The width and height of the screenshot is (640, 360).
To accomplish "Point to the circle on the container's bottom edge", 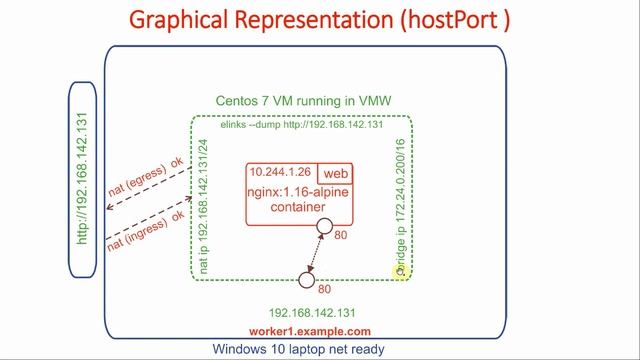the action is pos(324,227).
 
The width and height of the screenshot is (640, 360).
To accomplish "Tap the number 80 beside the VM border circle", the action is pos(324,290).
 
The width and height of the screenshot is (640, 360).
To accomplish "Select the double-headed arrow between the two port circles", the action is pos(316,253).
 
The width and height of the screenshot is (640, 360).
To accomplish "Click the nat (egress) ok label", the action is pos(147,180).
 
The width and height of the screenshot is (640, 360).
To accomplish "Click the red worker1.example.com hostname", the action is pos(310,331).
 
